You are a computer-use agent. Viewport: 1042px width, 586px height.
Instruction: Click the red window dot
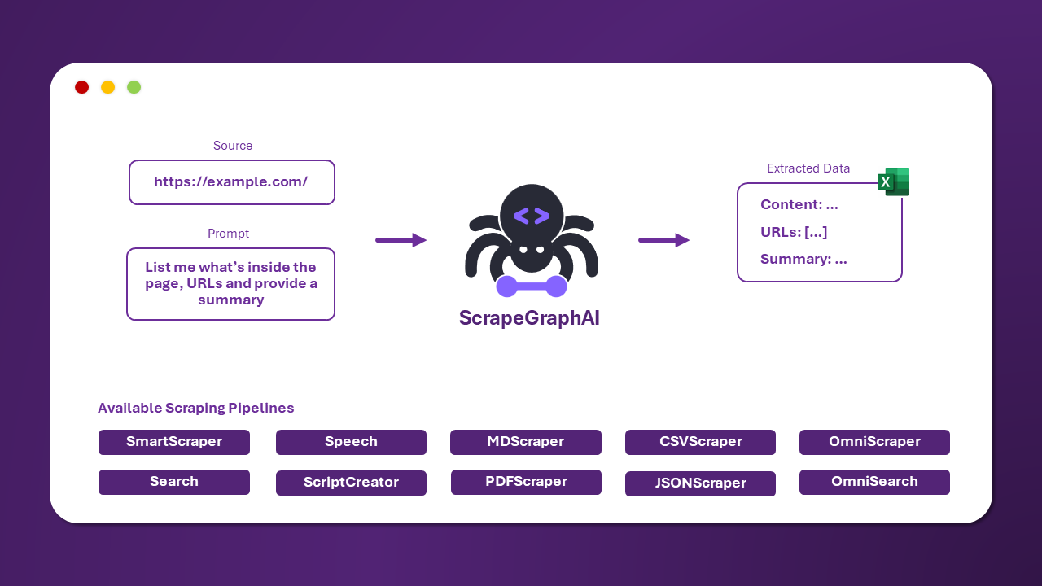click(81, 87)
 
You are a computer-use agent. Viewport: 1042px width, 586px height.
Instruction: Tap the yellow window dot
click(107, 87)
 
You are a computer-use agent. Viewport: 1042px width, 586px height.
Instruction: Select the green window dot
click(134, 87)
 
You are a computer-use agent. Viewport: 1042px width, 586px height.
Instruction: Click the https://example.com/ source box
click(231, 181)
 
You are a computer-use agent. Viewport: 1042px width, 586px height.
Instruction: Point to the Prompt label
click(228, 234)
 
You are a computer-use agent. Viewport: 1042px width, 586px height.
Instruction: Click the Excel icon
click(893, 181)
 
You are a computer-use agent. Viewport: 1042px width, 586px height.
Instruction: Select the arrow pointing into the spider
click(401, 240)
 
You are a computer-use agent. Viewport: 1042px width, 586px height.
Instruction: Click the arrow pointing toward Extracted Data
click(663, 240)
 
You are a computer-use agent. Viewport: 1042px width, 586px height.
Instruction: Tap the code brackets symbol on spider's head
click(532, 216)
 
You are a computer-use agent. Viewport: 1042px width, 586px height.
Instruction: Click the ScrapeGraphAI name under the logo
click(529, 318)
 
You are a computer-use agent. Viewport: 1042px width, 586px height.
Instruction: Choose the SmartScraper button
click(173, 442)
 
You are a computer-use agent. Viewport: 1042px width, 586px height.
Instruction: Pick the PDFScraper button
click(526, 482)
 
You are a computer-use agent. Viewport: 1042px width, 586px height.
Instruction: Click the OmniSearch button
click(874, 482)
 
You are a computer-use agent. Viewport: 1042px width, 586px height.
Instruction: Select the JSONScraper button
click(700, 483)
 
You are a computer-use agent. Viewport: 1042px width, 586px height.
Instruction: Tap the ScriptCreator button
click(351, 483)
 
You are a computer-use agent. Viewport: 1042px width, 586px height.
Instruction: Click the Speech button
click(351, 442)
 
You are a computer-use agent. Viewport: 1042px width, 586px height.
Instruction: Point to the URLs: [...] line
click(794, 232)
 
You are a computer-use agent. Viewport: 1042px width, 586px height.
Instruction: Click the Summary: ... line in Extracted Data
click(803, 260)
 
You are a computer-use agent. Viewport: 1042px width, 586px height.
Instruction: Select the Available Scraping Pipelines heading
click(195, 409)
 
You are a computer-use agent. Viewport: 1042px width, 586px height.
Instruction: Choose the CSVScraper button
click(700, 442)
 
